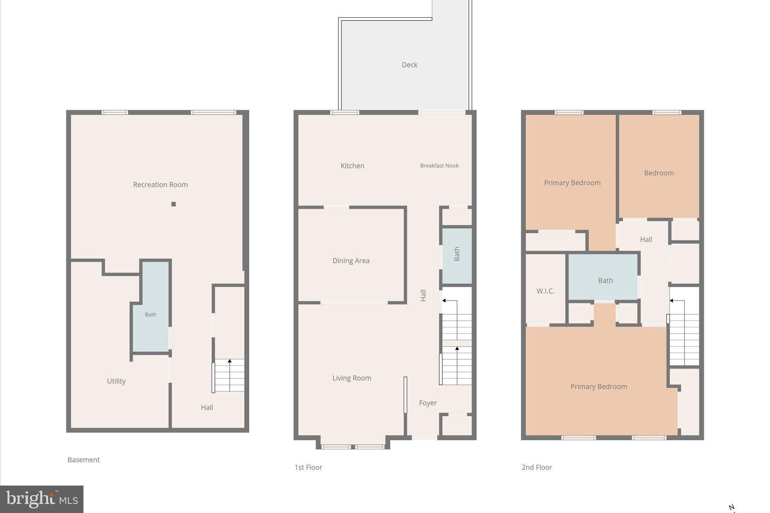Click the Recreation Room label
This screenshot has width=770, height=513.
click(x=160, y=185)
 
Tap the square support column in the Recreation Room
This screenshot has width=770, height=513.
click(x=173, y=204)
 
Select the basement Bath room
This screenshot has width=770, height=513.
click(x=151, y=315)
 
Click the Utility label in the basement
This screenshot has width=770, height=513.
click(x=116, y=381)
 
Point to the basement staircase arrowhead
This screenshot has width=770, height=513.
click(x=229, y=361)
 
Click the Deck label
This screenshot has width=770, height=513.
click(x=409, y=65)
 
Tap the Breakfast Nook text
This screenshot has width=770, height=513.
click(x=439, y=165)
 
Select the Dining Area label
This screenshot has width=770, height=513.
click(x=351, y=260)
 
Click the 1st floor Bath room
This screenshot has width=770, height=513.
click(x=457, y=254)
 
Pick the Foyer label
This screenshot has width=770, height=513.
click(x=427, y=403)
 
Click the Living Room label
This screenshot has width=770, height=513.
click(x=352, y=378)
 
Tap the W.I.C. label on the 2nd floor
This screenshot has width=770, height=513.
click(x=545, y=291)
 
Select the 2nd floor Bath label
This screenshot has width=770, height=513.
click(x=605, y=280)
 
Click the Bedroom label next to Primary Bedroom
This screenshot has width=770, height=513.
click(x=659, y=173)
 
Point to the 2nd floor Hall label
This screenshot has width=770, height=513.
click(x=646, y=239)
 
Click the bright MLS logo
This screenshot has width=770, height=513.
click(x=42, y=499)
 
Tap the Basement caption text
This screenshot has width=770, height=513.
click(x=83, y=460)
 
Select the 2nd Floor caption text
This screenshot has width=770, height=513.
click(x=537, y=467)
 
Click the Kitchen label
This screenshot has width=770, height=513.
click(x=352, y=166)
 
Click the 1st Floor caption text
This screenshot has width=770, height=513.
click(x=308, y=467)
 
